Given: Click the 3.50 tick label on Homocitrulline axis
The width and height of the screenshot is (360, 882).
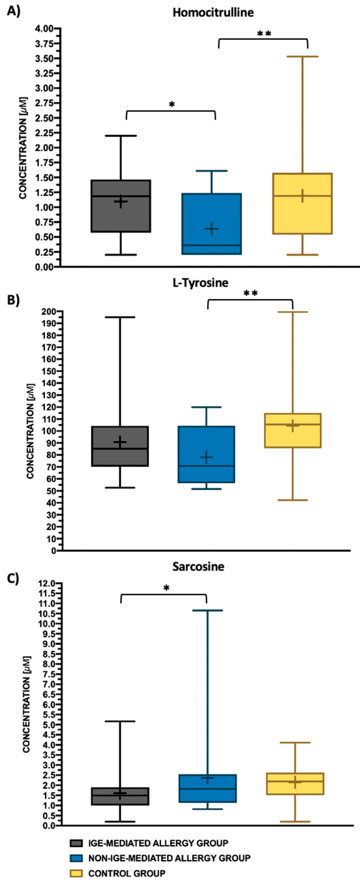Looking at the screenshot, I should tap(44, 59).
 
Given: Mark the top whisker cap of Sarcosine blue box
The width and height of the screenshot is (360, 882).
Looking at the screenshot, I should tap(206, 610).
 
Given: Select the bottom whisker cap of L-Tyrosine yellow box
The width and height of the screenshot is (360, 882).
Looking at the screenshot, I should tap(293, 500).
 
